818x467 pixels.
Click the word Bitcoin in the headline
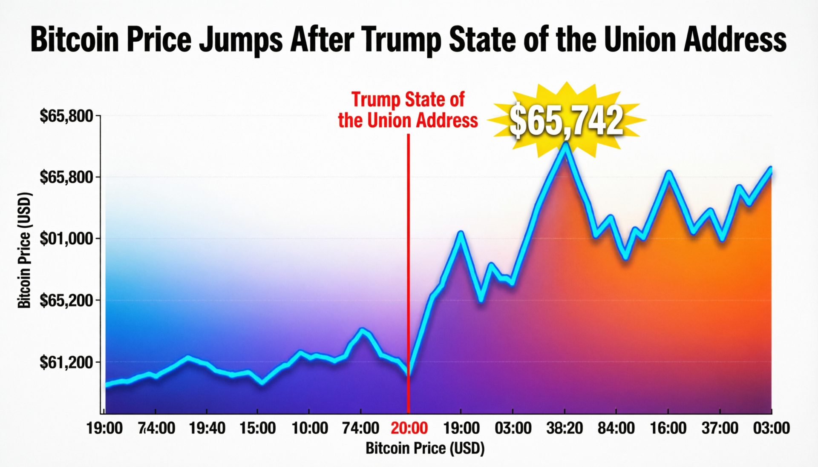click(74, 40)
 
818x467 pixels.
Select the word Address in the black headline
click(734, 40)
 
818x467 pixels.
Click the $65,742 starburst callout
click(566, 120)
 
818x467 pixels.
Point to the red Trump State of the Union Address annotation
click(408, 110)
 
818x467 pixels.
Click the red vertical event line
click(408, 272)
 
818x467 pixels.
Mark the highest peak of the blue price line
click(565, 145)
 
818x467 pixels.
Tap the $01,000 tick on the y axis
click(66, 239)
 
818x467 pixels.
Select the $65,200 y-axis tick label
click(66, 301)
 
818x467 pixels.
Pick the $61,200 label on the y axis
click(66, 362)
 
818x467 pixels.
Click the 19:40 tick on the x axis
click(207, 428)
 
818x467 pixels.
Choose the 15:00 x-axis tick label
click(258, 428)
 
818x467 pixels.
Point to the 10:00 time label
click(310, 428)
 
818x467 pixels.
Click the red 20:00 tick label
click(409, 428)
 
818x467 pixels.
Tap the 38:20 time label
click(565, 428)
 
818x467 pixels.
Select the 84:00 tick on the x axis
click(616, 428)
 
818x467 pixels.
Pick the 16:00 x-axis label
click(668, 428)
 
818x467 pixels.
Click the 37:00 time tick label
click(720, 428)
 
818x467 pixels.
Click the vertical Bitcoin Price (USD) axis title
click(25, 250)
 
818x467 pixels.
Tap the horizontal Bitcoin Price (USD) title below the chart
click(425, 448)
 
